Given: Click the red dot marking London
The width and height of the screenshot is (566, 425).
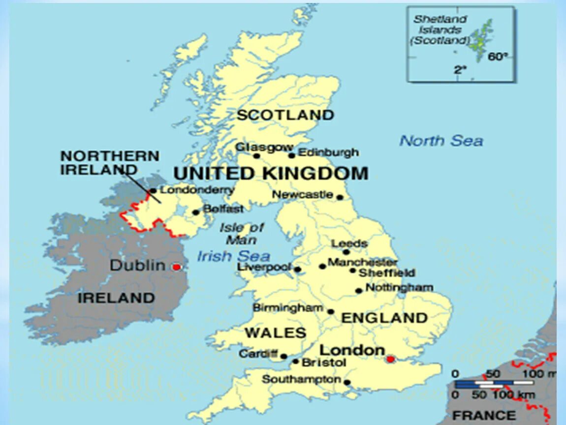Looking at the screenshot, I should (390, 359).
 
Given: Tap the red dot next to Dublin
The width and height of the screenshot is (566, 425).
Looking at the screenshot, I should (176, 267).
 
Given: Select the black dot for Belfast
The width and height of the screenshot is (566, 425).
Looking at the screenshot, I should (195, 212).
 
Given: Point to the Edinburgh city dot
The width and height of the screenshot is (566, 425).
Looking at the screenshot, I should (292, 155).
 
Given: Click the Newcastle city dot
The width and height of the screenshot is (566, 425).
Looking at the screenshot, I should (340, 197).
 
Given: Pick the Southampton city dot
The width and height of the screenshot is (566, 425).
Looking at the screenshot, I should (347, 382).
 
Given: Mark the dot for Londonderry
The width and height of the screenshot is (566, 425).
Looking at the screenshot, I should (153, 191).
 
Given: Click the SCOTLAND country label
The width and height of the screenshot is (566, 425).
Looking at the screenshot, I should (285, 115).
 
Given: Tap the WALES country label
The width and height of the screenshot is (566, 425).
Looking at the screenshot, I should (275, 333).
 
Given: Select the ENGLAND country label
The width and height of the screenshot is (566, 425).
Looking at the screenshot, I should (384, 318).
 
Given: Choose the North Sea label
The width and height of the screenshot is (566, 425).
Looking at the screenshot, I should (441, 141).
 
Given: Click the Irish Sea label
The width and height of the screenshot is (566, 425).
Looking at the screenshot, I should (234, 256).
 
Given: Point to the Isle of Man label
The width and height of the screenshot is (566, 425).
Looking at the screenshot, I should (242, 234).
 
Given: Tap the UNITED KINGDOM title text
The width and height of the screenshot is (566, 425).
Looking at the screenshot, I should (271, 174).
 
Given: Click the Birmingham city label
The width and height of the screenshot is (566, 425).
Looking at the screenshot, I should (288, 308).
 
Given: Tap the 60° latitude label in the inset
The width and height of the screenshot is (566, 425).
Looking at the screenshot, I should (497, 57).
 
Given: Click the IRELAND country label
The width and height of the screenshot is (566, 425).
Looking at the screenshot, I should (116, 298).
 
